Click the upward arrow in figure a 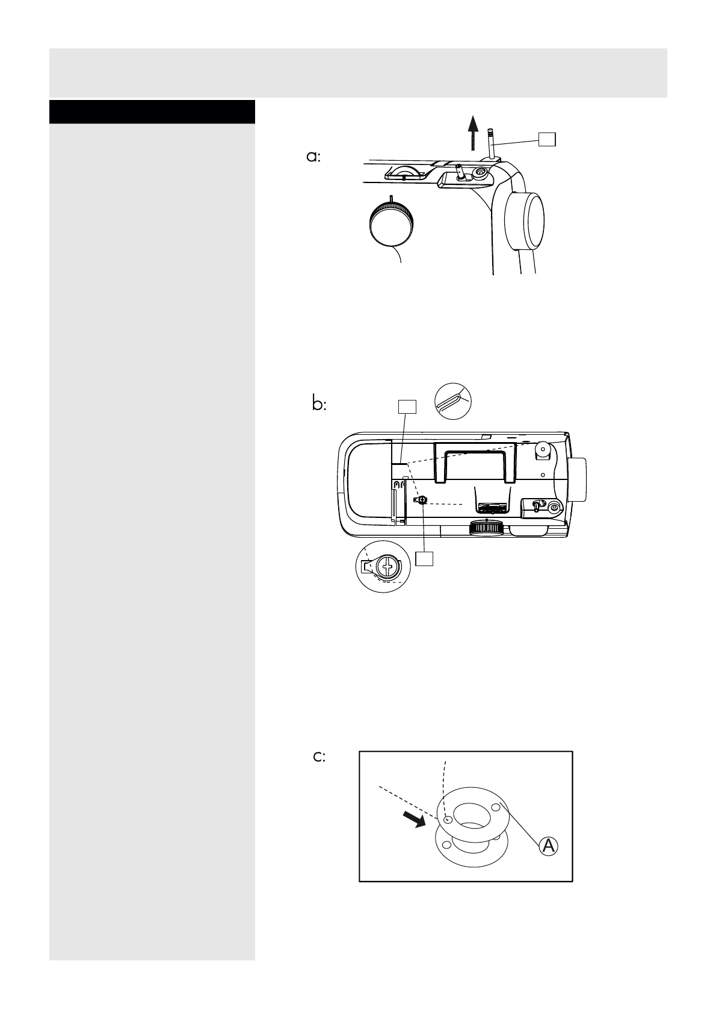click(474, 132)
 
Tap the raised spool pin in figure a click(491, 143)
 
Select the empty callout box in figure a click(546, 139)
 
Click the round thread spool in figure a click(390, 223)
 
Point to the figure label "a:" click(313, 157)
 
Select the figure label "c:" click(319, 757)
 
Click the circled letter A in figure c click(548, 846)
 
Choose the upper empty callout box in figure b click(407, 407)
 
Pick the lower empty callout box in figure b click(424, 558)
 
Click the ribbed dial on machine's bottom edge click(487, 528)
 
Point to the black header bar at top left click(152, 112)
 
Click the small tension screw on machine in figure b click(422, 500)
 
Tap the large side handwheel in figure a click(525, 220)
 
